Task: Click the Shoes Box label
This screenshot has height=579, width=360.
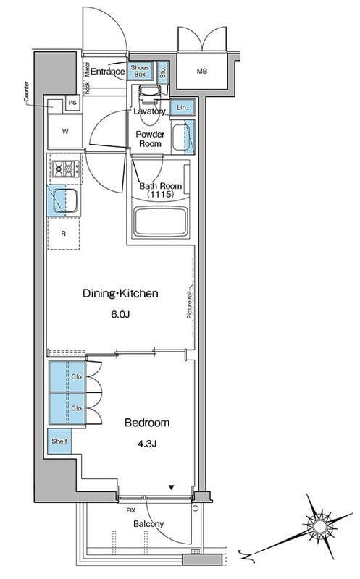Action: pyautogui.click(x=140, y=71)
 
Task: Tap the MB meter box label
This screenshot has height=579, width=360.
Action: pyautogui.click(x=202, y=71)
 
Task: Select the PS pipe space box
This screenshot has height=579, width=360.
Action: pyautogui.click(x=73, y=103)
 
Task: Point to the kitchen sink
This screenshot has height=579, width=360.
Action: pyautogui.click(x=64, y=201)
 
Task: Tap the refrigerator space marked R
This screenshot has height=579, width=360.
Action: pyautogui.click(x=64, y=233)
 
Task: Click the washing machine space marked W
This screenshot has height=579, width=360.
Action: pyautogui.click(x=65, y=131)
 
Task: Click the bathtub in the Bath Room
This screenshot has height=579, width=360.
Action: pyautogui.click(x=160, y=221)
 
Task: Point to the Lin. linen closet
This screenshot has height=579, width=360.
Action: pyautogui.click(x=183, y=107)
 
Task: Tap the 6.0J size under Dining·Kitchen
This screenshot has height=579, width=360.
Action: pyautogui.click(x=120, y=315)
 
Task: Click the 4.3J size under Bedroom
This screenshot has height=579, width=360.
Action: pyautogui.click(x=147, y=444)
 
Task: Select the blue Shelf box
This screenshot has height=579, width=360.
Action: pyautogui.click(x=59, y=441)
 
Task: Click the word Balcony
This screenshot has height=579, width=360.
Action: pyautogui.click(x=148, y=524)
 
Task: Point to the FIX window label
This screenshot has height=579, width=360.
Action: pyautogui.click(x=131, y=510)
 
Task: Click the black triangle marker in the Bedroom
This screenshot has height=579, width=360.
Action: pyautogui.click(x=171, y=487)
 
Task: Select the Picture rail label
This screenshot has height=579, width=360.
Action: pyautogui.click(x=190, y=301)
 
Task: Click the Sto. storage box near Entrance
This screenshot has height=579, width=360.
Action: pyautogui.click(x=163, y=71)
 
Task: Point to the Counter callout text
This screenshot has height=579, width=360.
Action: pyautogui.click(x=26, y=92)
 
